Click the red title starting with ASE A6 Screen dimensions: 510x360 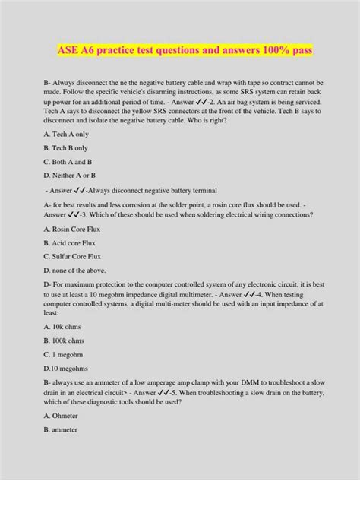point(179,50)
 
